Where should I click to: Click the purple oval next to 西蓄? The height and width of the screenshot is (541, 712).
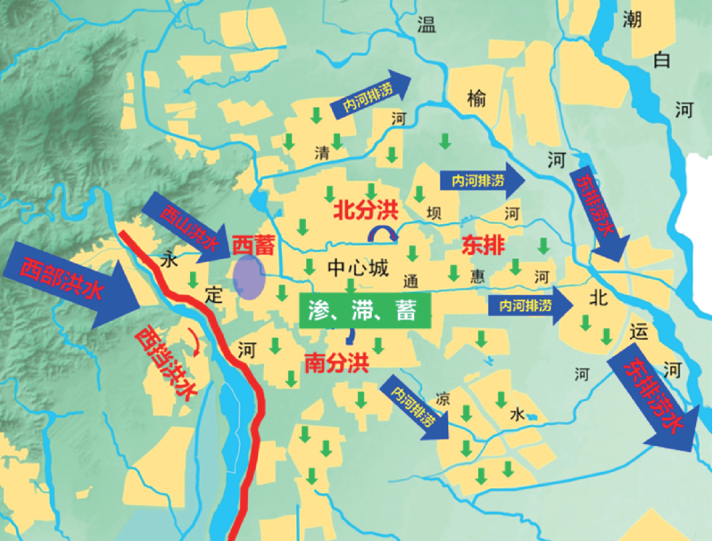point(250,277)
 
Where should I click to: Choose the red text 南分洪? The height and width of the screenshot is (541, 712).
point(336,362)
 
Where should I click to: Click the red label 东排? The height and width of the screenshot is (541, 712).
point(483,246)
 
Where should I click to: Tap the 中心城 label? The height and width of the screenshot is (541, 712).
point(358,268)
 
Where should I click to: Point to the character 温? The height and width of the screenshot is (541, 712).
point(427,25)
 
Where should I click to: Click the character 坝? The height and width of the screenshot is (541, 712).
point(433,212)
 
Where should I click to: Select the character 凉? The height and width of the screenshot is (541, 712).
point(443,399)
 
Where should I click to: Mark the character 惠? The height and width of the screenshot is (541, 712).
point(477,275)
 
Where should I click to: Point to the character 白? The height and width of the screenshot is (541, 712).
point(661,61)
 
